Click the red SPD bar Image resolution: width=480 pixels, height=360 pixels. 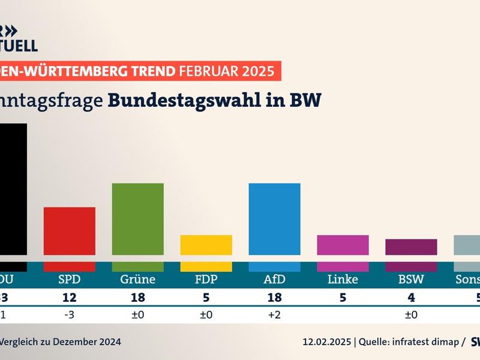pos(70,231)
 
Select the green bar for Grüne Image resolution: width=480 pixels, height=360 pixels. pos(138,219)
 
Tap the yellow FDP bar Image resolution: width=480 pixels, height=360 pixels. pos(206,245)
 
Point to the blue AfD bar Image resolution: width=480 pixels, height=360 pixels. pos(274,219)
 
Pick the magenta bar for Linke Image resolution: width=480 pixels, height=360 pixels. pos(343,245)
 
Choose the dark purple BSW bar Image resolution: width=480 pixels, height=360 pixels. pos(411,247)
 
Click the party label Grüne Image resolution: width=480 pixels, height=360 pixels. pos(138,280)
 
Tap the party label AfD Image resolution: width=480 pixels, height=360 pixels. pos(274,280)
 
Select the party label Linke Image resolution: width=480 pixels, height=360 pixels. pos(343,280)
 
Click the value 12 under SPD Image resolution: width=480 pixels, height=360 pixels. pos(70,296)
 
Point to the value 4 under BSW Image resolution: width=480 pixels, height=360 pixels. pos(411,296)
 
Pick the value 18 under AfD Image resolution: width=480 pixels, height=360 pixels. pos(274,296)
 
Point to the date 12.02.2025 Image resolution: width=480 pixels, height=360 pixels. pos(326,341)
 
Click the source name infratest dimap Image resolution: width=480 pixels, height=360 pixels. pos(426,341)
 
